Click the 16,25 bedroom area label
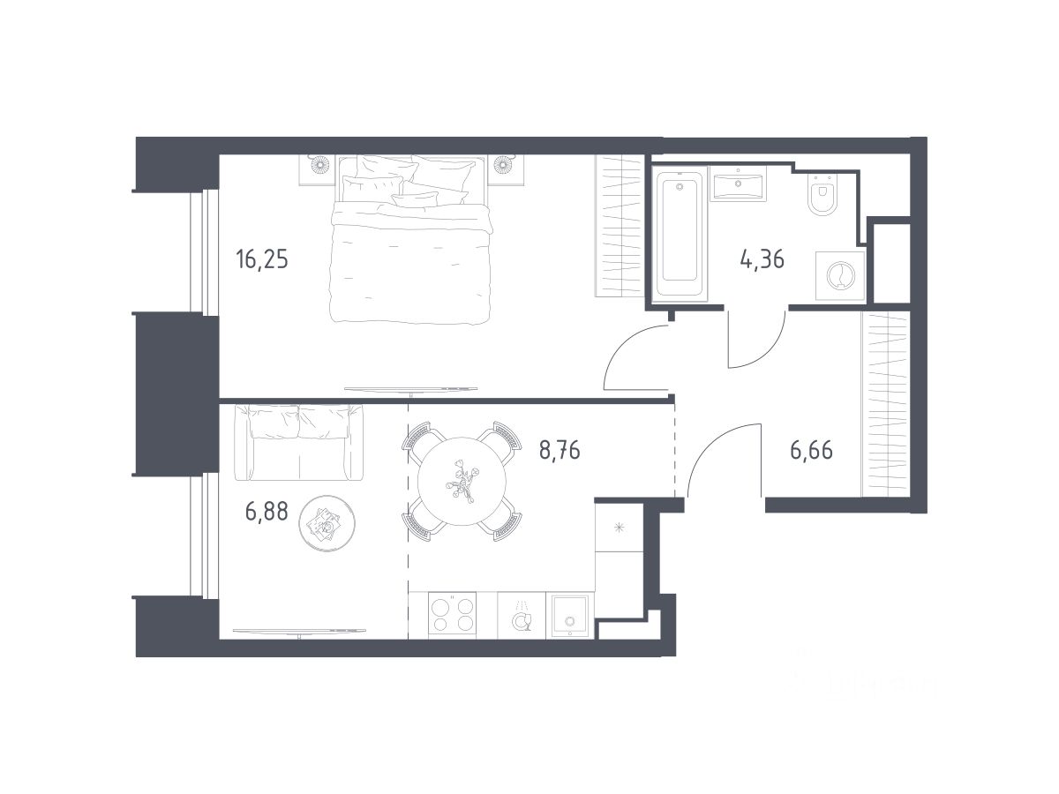click(262, 260)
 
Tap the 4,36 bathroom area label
click(762, 259)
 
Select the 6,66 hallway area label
click(811, 450)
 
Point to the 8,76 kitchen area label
click(560, 450)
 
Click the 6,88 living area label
click(267, 511)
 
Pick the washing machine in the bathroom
click(840, 276)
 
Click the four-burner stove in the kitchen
click(453, 616)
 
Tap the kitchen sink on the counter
click(570, 616)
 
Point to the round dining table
click(462, 481)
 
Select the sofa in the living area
click(298, 443)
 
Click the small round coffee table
click(327, 522)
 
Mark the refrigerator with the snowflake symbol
click(619, 528)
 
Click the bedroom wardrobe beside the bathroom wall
click(620, 226)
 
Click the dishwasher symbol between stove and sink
click(522, 616)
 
